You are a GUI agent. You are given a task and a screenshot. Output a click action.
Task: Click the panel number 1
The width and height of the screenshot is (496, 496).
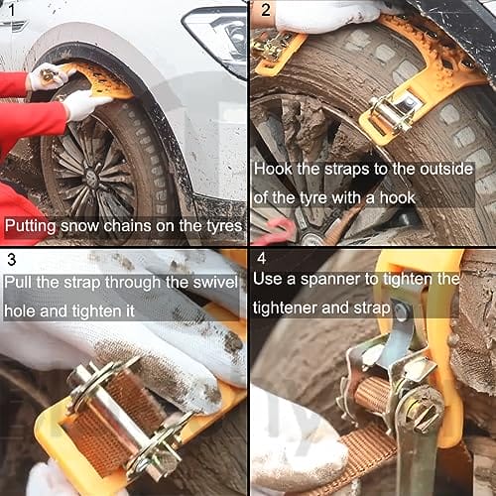[x=12, y=10]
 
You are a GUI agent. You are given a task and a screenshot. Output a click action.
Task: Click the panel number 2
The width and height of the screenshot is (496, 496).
[x=266, y=10]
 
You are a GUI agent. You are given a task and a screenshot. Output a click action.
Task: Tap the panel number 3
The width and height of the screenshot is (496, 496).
[x=12, y=260]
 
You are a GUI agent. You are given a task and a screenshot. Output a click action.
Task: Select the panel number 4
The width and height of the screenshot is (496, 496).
[x=262, y=258]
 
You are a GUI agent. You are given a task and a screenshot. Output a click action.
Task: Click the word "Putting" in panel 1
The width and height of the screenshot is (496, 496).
[x=31, y=227]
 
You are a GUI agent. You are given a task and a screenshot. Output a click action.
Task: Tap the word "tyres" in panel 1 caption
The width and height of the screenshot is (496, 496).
[x=224, y=226]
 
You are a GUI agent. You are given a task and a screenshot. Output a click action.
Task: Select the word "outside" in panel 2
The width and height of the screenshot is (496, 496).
[x=446, y=169]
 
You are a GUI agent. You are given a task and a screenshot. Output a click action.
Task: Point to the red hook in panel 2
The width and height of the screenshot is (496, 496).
[x=278, y=230]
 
